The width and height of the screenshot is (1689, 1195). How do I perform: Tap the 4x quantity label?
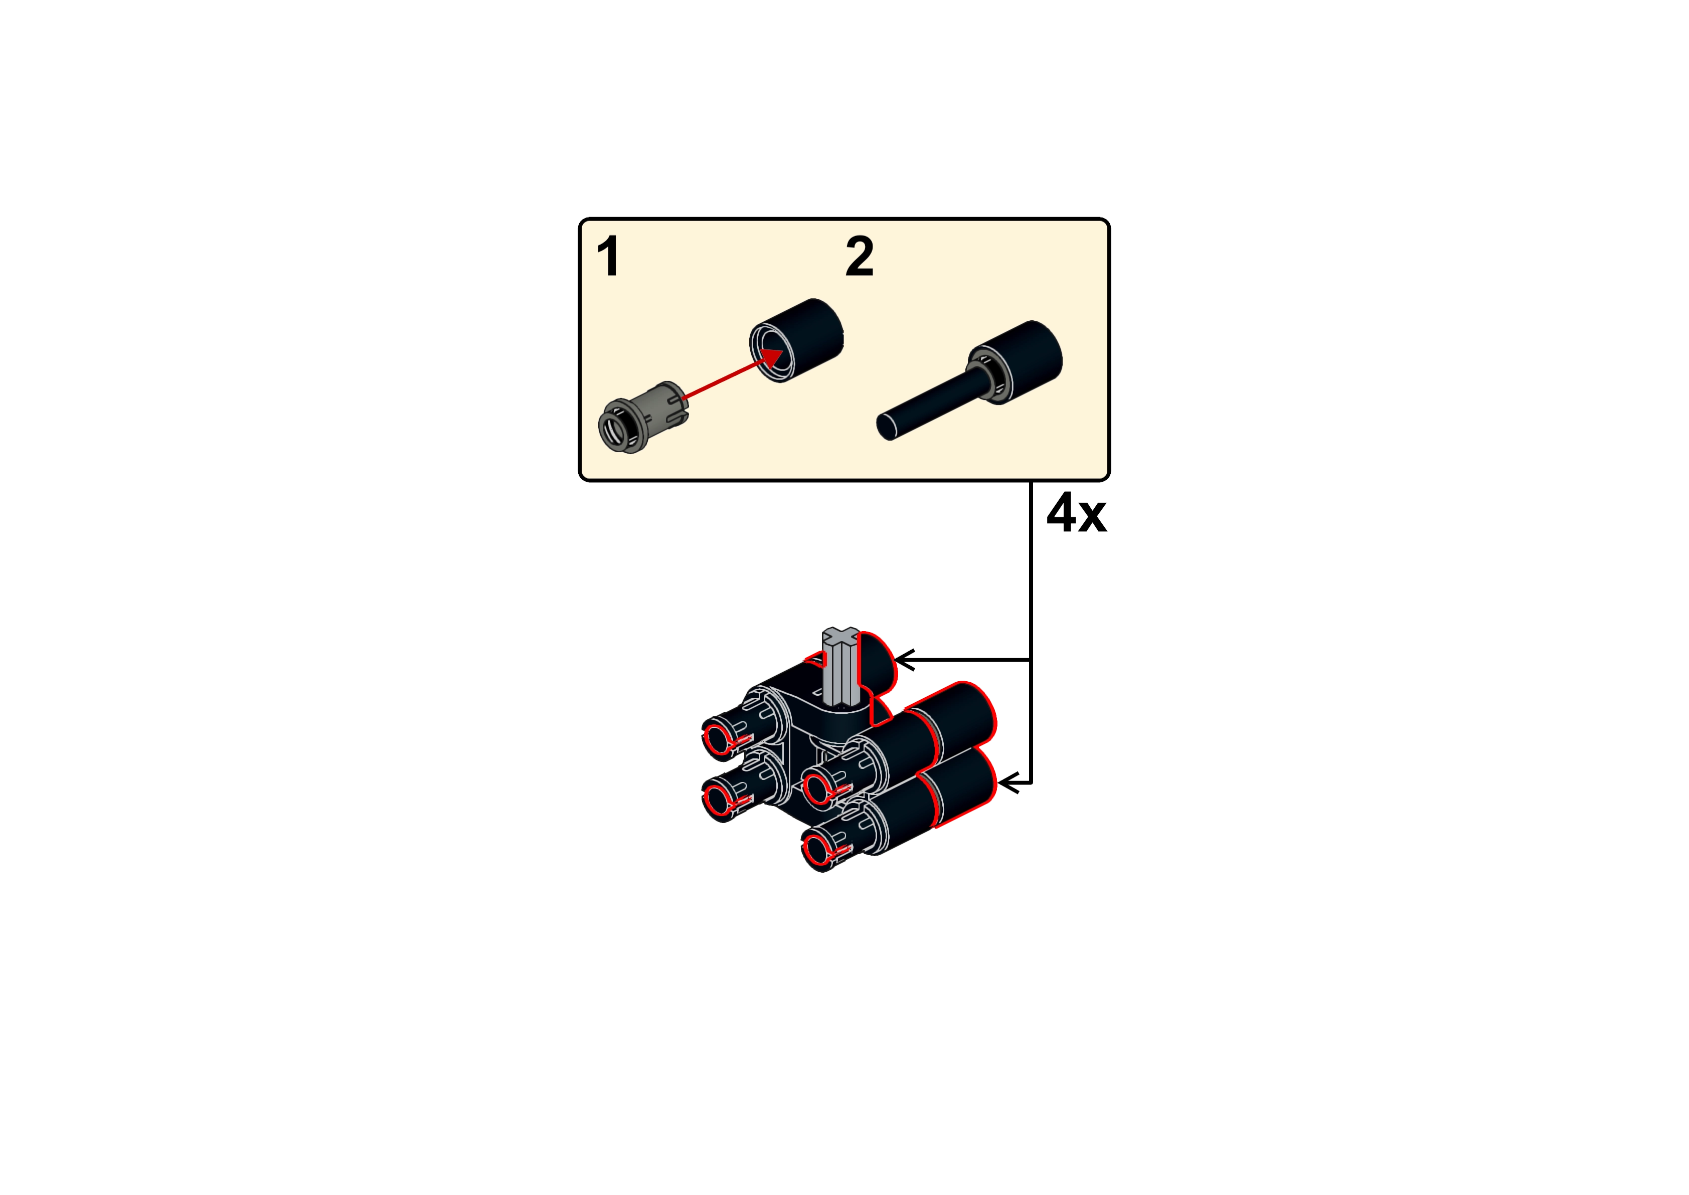pos(1076,514)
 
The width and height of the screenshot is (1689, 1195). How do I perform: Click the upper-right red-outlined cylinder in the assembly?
pos(957,717)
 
